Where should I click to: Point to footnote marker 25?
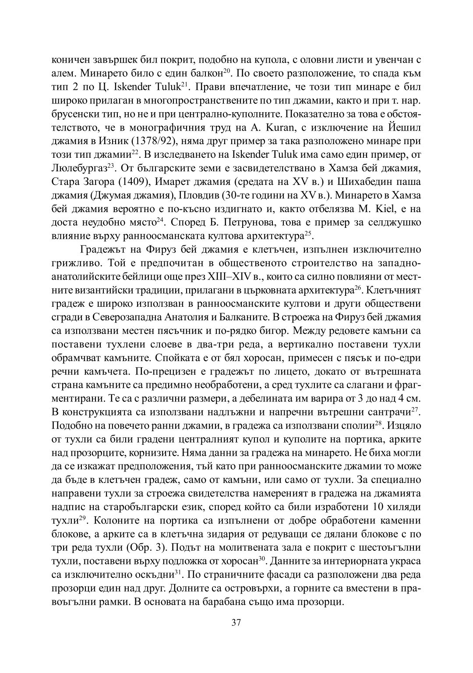308,232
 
